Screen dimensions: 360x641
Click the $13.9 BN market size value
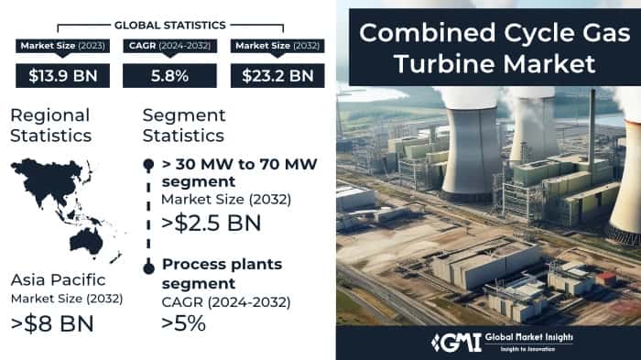(62, 75)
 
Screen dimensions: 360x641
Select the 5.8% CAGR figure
(169, 75)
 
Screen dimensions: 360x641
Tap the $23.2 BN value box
(277, 75)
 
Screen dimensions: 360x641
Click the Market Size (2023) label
(62, 46)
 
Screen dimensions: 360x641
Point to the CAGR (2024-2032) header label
(169, 46)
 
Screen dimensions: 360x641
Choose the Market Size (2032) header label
(277, 46)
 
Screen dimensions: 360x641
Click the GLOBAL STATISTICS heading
(169, 24)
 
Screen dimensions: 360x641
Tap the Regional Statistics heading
(50, 125)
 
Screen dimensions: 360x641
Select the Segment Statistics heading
(183, 125)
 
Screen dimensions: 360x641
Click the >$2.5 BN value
(211, 223)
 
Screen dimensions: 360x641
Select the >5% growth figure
(183, 322)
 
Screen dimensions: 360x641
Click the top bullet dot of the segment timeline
(148, 164)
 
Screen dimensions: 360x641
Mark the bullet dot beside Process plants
(148, 267)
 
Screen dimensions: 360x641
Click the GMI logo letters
(453, 341)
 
